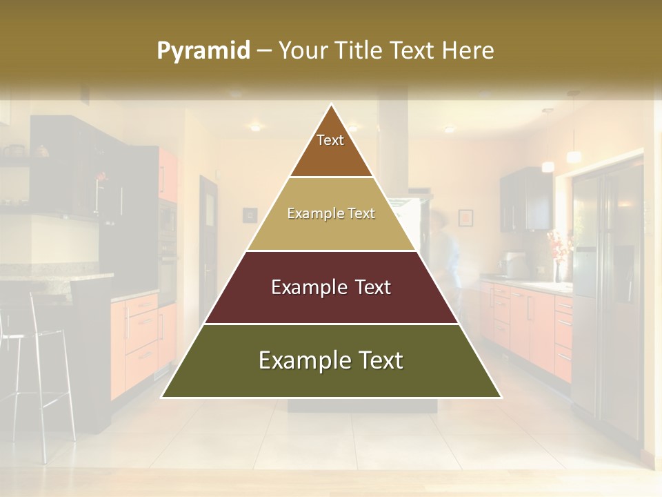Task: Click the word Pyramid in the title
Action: (x=203, y=51)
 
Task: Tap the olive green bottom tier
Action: (x=331, y=373)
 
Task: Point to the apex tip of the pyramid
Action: (x=332, y=106)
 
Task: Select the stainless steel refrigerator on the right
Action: (x=607, y=290)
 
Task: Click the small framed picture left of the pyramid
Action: (x=250, y=215)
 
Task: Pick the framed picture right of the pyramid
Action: (x=465, y=217)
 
